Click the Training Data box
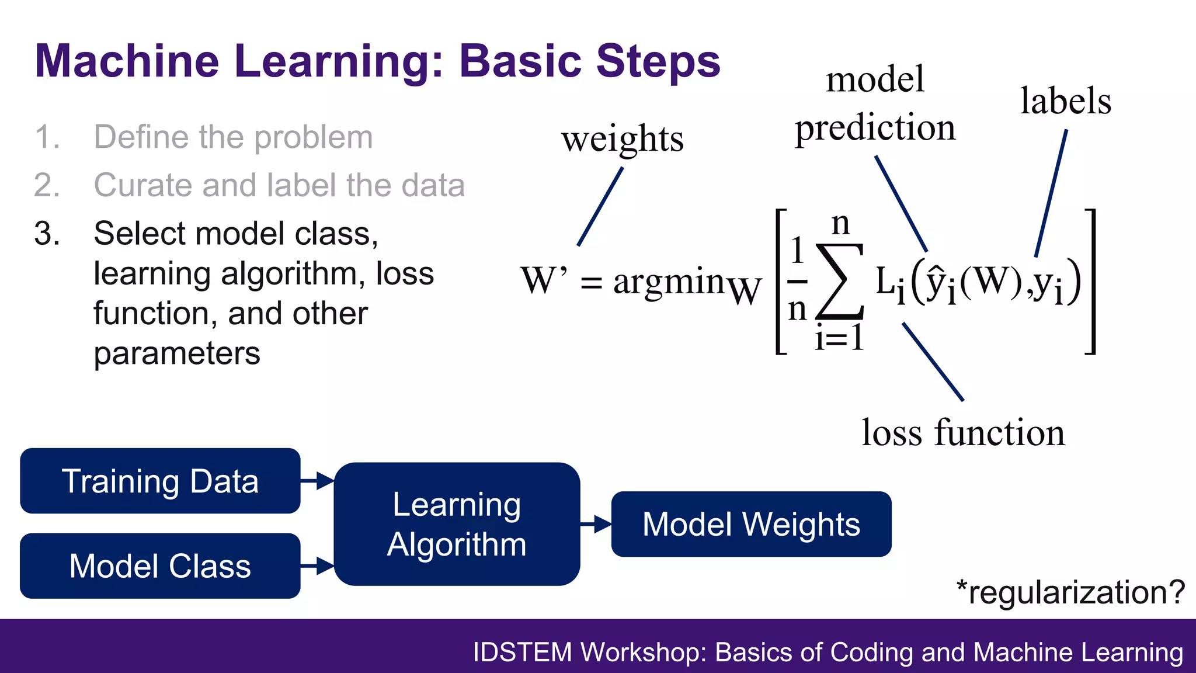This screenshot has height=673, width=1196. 160,481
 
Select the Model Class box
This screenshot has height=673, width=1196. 160,566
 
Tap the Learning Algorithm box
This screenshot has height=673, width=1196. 457,524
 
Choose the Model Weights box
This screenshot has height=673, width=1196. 751,524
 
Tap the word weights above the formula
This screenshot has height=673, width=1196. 623,139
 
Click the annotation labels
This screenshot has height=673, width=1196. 1065,100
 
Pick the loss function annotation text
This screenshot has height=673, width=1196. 963,433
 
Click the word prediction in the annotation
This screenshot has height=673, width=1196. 875,127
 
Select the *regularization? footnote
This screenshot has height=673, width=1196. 1070,592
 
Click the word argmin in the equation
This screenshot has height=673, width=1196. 669,282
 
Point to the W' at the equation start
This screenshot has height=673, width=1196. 543,280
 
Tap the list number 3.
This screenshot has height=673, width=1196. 47,234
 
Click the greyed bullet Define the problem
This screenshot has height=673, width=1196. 233,137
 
